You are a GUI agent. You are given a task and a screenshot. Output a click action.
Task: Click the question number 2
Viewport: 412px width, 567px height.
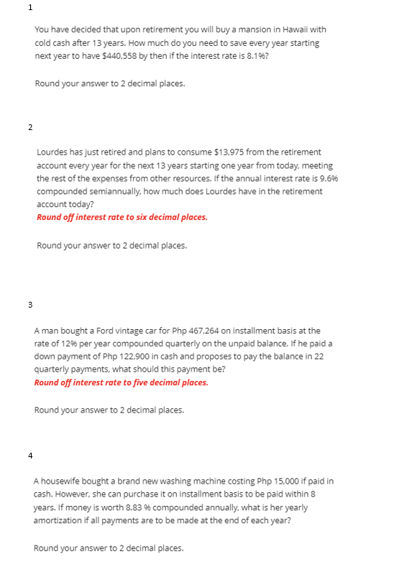[29, 127]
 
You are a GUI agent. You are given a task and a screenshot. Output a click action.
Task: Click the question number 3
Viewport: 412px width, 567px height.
[29, 305]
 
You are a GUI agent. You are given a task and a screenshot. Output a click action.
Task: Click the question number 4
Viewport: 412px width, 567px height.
[29, 455]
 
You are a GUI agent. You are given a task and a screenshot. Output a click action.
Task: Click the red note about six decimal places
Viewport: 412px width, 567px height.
[122, 217]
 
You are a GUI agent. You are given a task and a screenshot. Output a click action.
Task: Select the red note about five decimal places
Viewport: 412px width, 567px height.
[121, 382]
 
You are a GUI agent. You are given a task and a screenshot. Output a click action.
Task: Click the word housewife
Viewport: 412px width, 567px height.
[60, 481]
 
